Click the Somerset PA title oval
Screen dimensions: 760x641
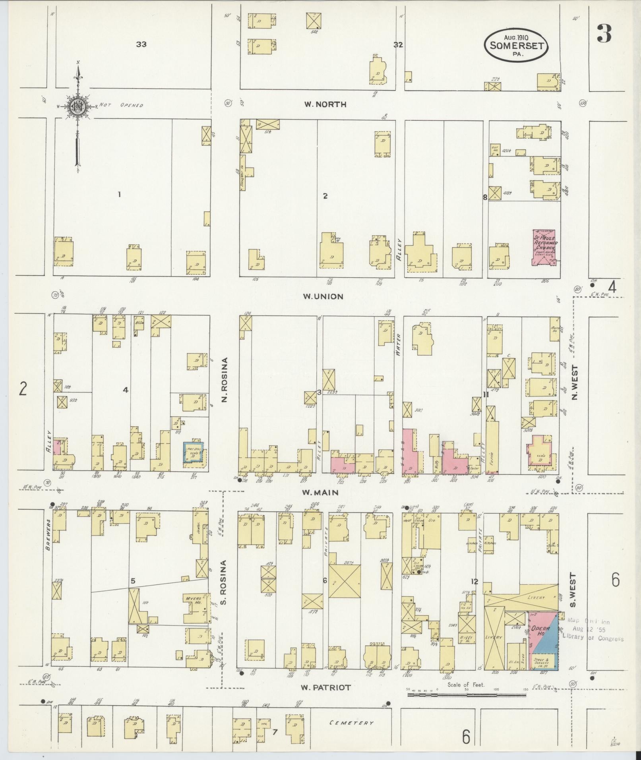(516, 44)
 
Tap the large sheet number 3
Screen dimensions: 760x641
(604, 34)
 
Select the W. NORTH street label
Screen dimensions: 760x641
(325, 104)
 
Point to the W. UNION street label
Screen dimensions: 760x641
(323, 296)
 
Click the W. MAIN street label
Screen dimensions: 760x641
(320, 493)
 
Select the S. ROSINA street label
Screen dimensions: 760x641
(223, 582)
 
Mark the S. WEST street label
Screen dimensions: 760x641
(573, 590)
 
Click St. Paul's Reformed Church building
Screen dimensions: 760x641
(544, 247)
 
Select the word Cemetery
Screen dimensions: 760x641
(351, 723)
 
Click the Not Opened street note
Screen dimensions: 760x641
(121, 105)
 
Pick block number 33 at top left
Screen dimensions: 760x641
(141, 44)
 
